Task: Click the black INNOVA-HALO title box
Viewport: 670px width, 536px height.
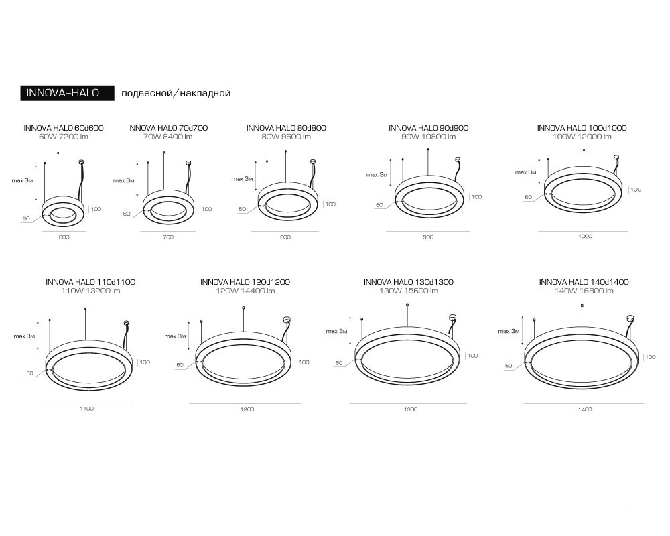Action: coord(68,93)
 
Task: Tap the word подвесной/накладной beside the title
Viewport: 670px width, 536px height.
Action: coord(176,93)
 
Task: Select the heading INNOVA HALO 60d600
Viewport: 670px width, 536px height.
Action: coord(64,128)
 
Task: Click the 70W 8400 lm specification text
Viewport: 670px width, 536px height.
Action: coord(168,137)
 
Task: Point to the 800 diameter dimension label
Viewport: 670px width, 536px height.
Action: coord(285,237)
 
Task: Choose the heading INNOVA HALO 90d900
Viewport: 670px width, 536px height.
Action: coord(429,128)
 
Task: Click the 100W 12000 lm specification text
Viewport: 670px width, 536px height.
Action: coord(582,137)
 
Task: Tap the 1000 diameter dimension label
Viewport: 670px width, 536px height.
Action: coord(585,236)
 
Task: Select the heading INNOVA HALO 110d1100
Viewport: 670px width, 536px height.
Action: coord(90,282)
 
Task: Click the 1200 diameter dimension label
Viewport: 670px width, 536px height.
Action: coord(247,409)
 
